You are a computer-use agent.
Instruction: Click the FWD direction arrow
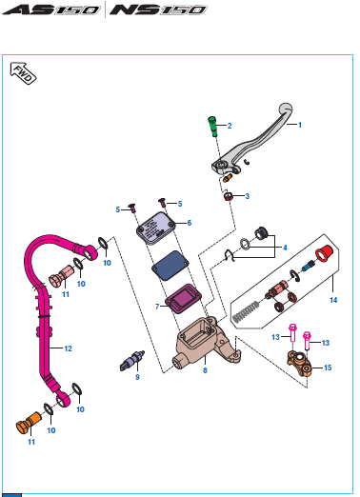pos(23,73)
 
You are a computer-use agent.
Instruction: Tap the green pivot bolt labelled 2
pos(212,127)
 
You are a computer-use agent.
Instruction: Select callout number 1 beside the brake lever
pos(300,125)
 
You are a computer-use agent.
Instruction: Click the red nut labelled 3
pos(229,196)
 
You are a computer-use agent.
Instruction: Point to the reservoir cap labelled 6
pos(156,229)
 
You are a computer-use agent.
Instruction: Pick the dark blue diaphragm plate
pos(170,266)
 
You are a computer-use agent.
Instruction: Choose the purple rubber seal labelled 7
pos(184,299)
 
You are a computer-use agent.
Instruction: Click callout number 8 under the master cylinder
pos(205,370)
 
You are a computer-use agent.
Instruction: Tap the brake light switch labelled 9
pos(132,361)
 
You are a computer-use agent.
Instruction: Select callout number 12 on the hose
pos(69,348)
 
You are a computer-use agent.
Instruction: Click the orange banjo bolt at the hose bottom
pos(29,423)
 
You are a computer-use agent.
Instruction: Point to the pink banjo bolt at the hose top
pos(61,276)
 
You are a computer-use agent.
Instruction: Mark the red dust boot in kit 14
pos(324,253)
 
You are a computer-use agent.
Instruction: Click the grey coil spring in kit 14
pos(247,312)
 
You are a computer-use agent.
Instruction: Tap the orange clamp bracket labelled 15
pos(299,364)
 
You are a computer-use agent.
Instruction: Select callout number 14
pos(333,300)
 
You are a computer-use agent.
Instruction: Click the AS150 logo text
pos(51,10)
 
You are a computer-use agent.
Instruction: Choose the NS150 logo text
pos(158,10)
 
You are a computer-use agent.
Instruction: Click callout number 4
pos(285,248)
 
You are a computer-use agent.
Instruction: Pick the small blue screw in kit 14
pos(308,266)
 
